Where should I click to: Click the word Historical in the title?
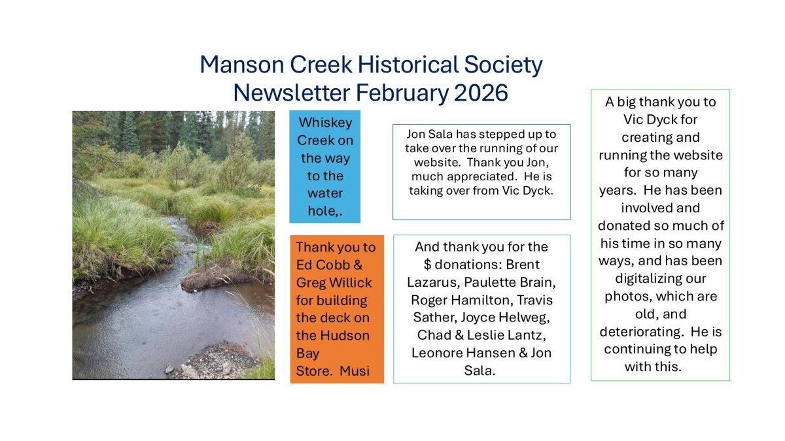[x=408, y=65]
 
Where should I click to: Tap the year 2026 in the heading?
[x=481, y=93]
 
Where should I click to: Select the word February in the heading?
[x=402, y=93]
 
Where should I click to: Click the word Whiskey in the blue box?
[x=325, y=123]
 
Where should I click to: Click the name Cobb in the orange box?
[x=333, y=265]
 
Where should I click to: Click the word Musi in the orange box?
[x=355, y=370]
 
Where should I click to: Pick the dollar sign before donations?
[x=427, y=265]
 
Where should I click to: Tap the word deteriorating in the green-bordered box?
[x=642, y=331]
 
